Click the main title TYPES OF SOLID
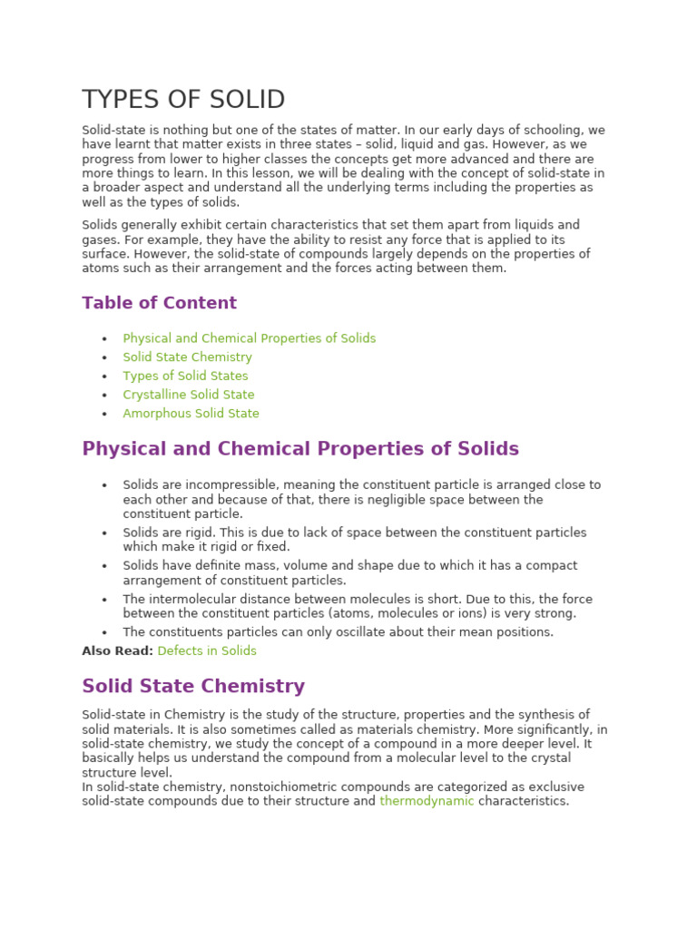[183, 100]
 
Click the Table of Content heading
[159, 303]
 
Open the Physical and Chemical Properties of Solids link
[249, 338]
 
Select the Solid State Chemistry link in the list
[187, 357]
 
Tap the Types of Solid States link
[185, 376]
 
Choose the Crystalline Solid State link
[189, 395]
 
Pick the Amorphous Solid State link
[191, 414]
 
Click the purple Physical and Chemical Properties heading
[299, 449]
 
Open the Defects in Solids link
[207, 650]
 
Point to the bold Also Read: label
[117, 650]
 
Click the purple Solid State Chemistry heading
[193, 687]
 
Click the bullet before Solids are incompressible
[104, 486]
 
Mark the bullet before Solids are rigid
[104, 533]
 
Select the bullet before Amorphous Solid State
[104, 415]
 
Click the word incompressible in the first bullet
[212, 485]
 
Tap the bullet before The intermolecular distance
[104, 600]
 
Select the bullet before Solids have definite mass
[104, 566]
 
